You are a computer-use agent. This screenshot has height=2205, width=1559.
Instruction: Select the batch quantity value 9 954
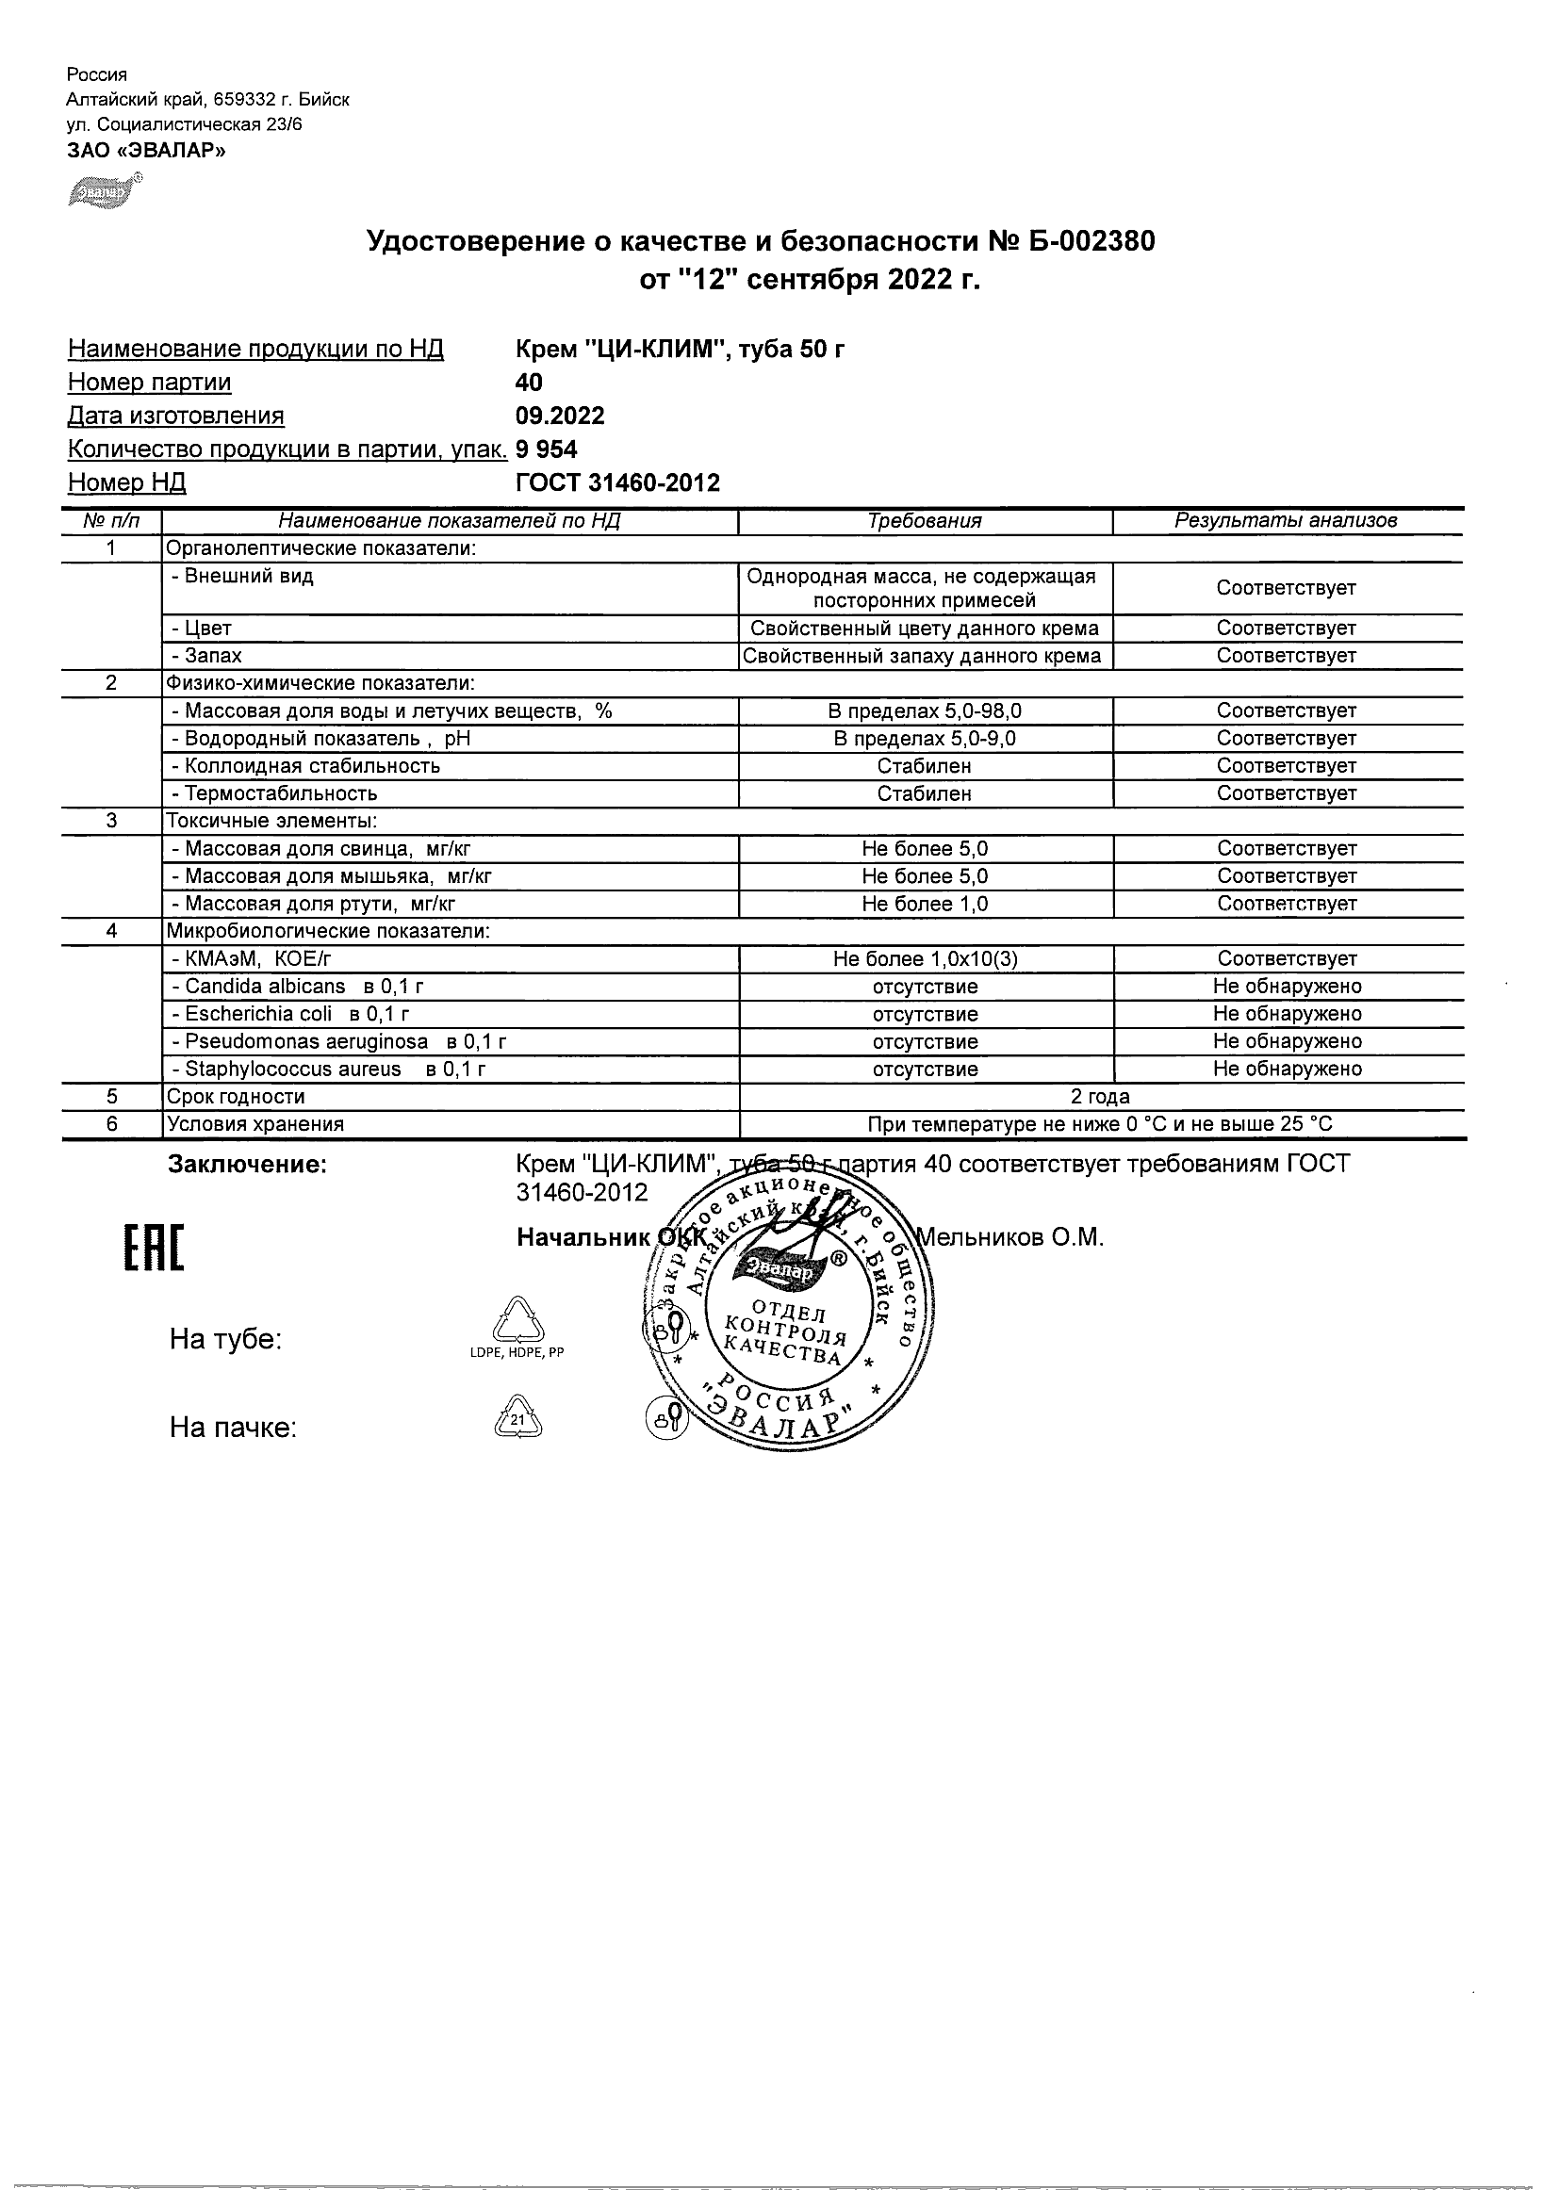(x=547, y=449)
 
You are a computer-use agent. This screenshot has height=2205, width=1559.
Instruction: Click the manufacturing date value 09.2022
(x=560, y=416)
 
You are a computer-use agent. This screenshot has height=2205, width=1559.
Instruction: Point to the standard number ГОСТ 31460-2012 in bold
(x=617, y=482)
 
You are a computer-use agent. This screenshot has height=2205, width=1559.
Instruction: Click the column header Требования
(x=924, y=521)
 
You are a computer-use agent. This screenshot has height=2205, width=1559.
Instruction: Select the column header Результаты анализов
(x=1287, y=521)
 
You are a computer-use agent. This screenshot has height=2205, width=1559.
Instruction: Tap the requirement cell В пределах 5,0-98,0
(x=925, y=710)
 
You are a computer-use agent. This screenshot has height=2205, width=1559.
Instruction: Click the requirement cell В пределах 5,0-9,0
(x=925, y=739)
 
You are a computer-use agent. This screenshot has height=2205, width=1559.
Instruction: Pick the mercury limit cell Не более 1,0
(x=925, y=904)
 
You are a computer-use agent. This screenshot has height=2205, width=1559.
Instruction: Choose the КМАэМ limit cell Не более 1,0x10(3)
(x=925, y=958)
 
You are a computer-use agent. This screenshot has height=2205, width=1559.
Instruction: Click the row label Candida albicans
(x=264, y=987)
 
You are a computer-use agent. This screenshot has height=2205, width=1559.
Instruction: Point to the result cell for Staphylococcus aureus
(x=1287, y=1069)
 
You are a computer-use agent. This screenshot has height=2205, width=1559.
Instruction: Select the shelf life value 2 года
(x=1100, y=1097)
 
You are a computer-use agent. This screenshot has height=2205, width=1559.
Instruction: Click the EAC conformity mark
(x=155, y=1249)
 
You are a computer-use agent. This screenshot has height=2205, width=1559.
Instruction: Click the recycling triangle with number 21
(x=517, y=1418)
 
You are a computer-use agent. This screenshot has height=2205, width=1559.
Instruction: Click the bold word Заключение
(x=248, y=1165)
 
